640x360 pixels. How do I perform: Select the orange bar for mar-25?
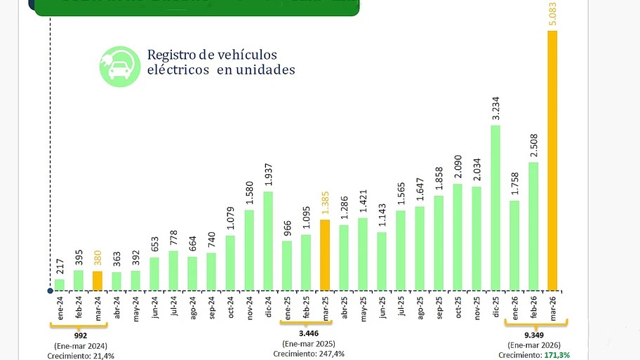[x=325, y=255]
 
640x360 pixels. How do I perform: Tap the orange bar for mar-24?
[x=98, y=281]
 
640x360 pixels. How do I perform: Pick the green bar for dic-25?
[x=495, y=208]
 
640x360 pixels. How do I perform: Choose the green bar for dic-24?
[x=268, y=241]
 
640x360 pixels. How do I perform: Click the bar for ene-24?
[x=60, y=284]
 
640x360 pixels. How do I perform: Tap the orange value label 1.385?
[x=325, y=204]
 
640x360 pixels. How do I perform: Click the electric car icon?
[x=120, y=67]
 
